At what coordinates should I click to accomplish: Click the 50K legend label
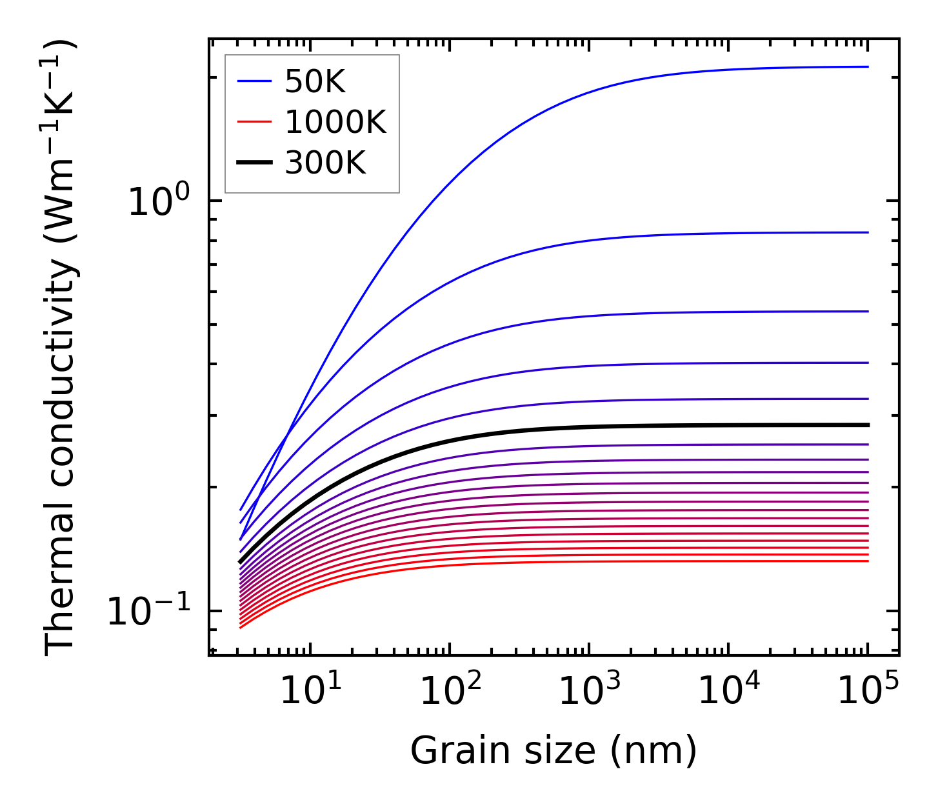coord(315,82)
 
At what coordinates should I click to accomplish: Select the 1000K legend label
coord(335,123)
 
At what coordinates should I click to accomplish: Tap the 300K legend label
coord(325,163)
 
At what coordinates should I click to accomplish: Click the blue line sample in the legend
coord(255,81)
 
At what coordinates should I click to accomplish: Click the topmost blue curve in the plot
coord(645,80)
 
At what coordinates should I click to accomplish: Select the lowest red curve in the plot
coord(645,561)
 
